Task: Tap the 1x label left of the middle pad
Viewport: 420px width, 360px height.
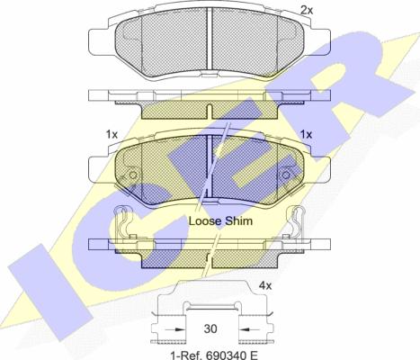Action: click(112, 134)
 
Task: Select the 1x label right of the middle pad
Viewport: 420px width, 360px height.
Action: click(306, 134)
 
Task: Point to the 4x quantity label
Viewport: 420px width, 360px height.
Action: click(265, 285)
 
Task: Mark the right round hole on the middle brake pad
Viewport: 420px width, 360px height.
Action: click(285, 175)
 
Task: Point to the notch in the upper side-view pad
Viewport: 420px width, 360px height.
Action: click(209, 112)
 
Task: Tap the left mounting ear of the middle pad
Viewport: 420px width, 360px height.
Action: click(94, 166)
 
